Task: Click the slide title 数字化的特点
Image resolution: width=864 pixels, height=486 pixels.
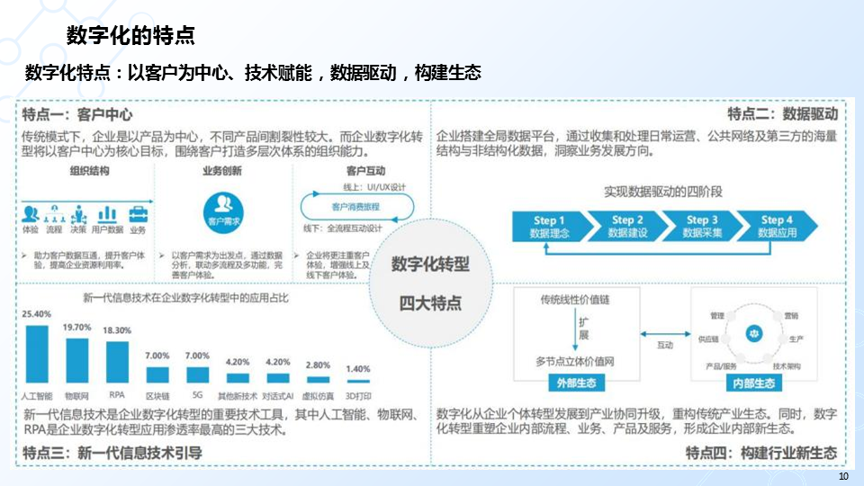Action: point(131,36)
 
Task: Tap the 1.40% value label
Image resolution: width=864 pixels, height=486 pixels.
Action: point(358,368)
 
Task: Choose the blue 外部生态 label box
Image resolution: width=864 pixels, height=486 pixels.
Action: point(575,382)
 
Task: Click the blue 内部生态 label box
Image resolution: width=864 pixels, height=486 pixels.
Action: point(751,383)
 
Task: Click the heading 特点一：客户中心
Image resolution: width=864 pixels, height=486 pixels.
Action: point(77,114)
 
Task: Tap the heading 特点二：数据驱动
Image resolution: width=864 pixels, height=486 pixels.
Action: point(782,114)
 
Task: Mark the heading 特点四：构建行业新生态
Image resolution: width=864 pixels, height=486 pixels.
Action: point(760,452)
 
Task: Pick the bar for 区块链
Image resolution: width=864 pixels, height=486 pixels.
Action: point(157,375)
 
